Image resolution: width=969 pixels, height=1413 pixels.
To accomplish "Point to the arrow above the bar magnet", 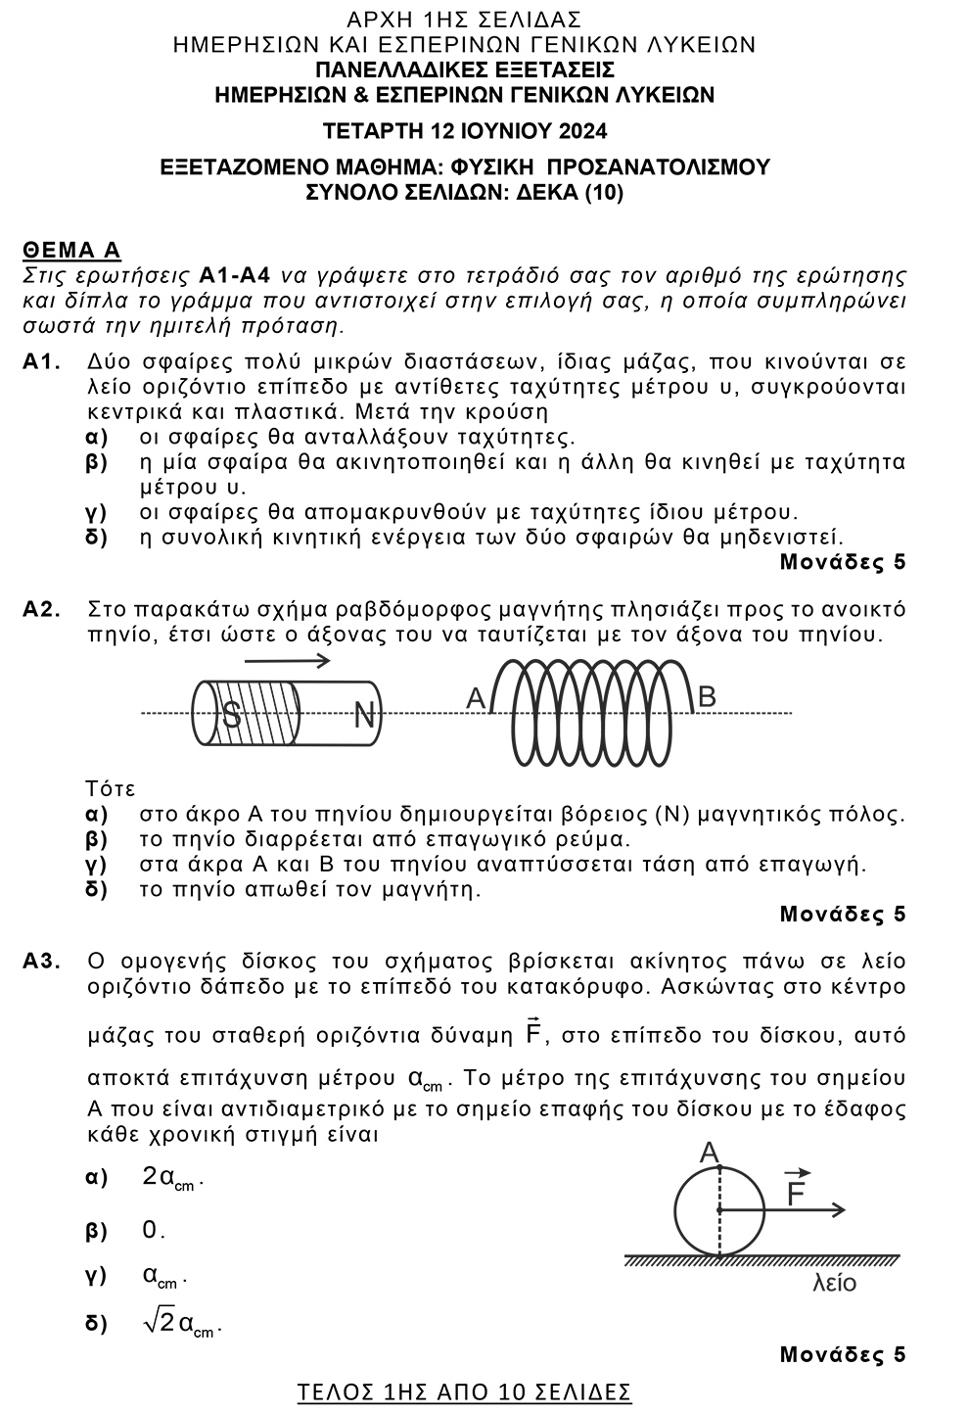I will pyautogui.click(x=286, y=660).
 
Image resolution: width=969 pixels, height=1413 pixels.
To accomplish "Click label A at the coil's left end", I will pyautogui.click(x=476, y=697).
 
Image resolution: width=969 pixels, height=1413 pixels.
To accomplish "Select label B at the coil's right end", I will pyautogui.click(x=707, y=696).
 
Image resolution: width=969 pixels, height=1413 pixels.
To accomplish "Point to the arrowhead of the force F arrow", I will pyautogui.click(x=838, y=1210).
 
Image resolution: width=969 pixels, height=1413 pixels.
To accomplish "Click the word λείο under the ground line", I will pyautogui.click(x=834, y=1283).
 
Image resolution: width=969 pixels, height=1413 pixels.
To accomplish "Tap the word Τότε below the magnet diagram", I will pyautogui.click(x=111, y=789).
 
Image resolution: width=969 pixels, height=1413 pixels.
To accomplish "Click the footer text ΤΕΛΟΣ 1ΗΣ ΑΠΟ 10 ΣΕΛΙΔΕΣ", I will pyautogui.click(x=464, y=1391).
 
